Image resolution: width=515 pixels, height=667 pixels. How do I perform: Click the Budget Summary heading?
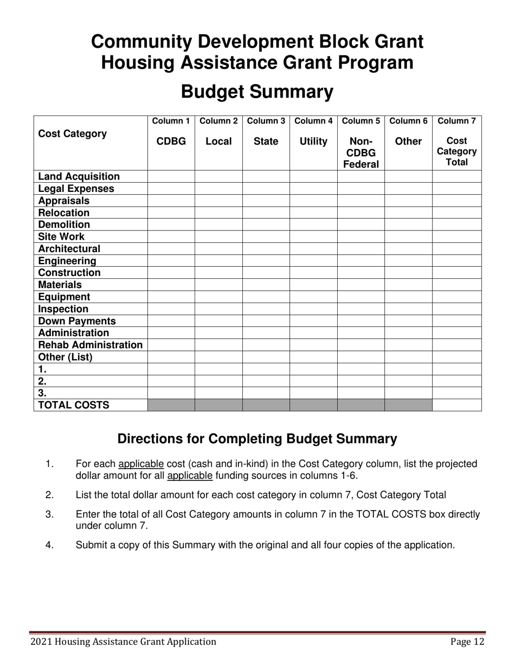257,92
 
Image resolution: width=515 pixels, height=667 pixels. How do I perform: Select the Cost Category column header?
72,134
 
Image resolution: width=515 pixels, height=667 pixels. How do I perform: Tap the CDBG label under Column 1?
171,142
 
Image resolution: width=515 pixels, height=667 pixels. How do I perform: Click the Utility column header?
313,142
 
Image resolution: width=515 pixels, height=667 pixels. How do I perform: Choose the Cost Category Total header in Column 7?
456,152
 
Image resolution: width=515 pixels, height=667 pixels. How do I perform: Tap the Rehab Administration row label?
90,345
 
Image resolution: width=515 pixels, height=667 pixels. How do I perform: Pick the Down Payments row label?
76,321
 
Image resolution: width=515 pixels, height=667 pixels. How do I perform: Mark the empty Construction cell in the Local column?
218,273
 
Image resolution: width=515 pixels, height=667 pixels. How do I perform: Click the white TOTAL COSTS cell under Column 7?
456,405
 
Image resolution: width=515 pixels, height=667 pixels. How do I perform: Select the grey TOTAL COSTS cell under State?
266,405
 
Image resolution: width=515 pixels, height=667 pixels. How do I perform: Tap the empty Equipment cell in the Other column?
408,297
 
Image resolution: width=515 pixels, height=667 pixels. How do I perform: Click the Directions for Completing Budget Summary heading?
257,439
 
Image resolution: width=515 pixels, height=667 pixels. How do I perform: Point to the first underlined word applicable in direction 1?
141,464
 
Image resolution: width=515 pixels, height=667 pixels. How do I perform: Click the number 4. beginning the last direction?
50,545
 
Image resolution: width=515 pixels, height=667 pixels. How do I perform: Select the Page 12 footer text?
467,642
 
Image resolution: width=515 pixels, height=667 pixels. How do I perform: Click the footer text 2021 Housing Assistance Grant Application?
123,642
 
